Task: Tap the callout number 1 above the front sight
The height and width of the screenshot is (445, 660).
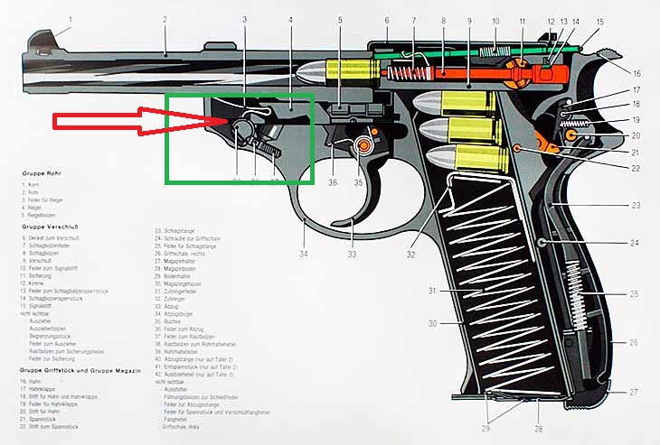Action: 70,19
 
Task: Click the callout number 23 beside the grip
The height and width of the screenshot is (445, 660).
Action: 636,206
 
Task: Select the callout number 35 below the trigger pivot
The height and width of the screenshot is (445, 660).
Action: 358,182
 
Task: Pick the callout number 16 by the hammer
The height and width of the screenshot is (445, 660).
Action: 636,73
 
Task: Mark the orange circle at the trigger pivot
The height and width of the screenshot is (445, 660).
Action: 364,144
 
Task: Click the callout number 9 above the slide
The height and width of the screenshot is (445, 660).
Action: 470,19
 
